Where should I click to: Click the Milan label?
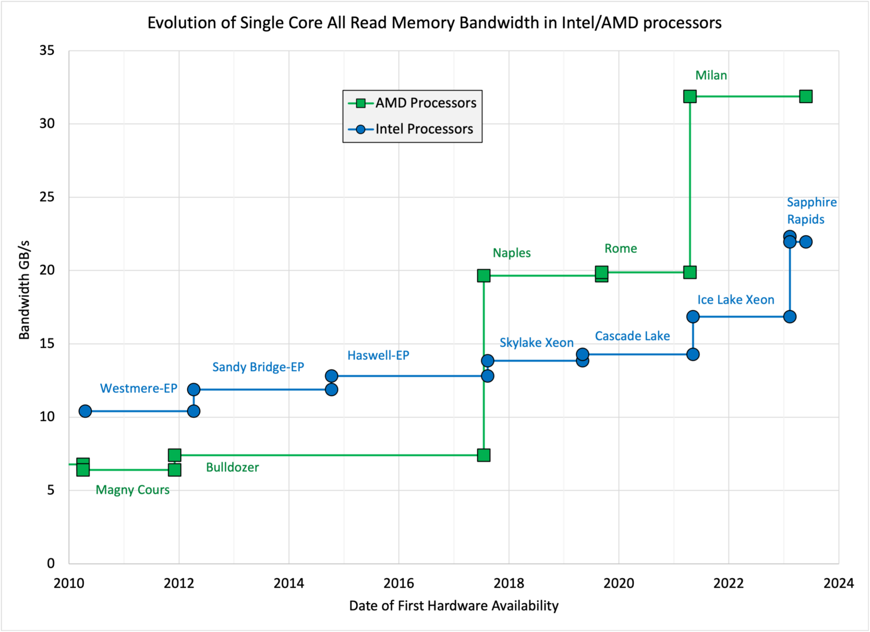pyautogui.click(x=711, y=75)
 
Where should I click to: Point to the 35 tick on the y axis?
pyautogui.click(x=47, y=51)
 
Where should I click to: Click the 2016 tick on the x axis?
pyautogui.click(x=399, y=583)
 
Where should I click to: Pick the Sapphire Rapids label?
pyautogui.click(x=811, y=211)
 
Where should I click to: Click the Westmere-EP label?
pyautogui.click(x=139, y=388)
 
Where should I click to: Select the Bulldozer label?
pyautogui.click(x=232, y=468)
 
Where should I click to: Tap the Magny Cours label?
pyautogui.click(x=133, y=490)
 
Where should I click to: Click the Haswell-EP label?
pyautogui.click(x=378, y=355)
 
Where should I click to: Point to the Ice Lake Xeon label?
pyautogui.click(x=735, y=300)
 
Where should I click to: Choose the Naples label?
pyautogui.click(x=511, y=253)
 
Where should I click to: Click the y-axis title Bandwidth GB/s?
pyautogui.click(x=24, y=290)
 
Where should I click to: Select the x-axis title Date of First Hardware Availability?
pyautogui.click(x=454, y=606)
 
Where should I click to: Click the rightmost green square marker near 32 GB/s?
pyautogui.click(x=805, y=96)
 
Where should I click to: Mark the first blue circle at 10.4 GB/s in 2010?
pyautogui.click(x=85, y=411)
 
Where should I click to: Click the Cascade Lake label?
pyautogui.click(x=632, y=336)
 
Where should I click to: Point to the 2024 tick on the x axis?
pyautogui.click(x=838, y=583)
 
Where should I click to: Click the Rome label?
pyautogui.click(x=620, y=248)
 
